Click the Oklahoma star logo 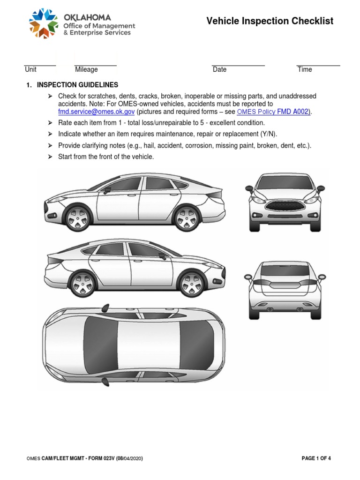point(45,23)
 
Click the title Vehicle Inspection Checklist point(270,21)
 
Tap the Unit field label point(30,69)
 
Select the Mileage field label point(86,69)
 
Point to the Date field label point(219,69)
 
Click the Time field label point(305,69)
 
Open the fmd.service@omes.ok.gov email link point(96,112)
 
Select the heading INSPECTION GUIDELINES point(77,85)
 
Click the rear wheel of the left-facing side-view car point(186,217)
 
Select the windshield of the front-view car point(285,182)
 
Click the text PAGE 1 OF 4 point(316,458)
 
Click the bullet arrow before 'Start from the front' point(50,157)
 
